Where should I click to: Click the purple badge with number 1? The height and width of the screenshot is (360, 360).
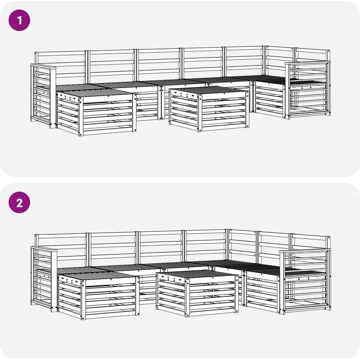[19, 20]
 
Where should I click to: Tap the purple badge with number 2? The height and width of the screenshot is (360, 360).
[19, 202]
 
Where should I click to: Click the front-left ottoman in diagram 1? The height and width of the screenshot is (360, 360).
[96, 112]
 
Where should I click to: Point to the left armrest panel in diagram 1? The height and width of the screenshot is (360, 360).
[43, 95]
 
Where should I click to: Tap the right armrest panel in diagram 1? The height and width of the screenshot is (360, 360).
[308, 90]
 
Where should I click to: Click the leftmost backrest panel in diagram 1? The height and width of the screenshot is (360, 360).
[61, 67]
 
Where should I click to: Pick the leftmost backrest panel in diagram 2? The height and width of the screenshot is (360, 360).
[61, 249]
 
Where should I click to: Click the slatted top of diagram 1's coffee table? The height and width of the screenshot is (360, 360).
[208, 90]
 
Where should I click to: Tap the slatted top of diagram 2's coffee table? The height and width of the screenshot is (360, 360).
[196, 273]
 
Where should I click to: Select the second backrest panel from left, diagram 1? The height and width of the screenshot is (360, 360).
[112, 66]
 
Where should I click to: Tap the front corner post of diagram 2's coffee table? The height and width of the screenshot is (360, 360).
[187, 296]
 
